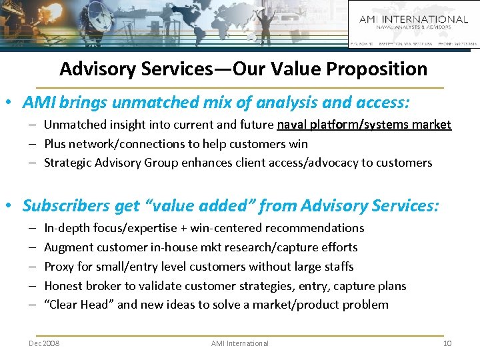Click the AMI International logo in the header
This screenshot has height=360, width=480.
(x=413, y=23)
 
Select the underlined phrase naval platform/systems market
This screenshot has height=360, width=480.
(x=363, y=125)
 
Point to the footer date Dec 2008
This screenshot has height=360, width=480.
(x=44, y=343)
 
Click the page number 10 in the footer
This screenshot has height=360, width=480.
(x=447, y=343)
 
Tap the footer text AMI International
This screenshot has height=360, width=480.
(x=240, y=343)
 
